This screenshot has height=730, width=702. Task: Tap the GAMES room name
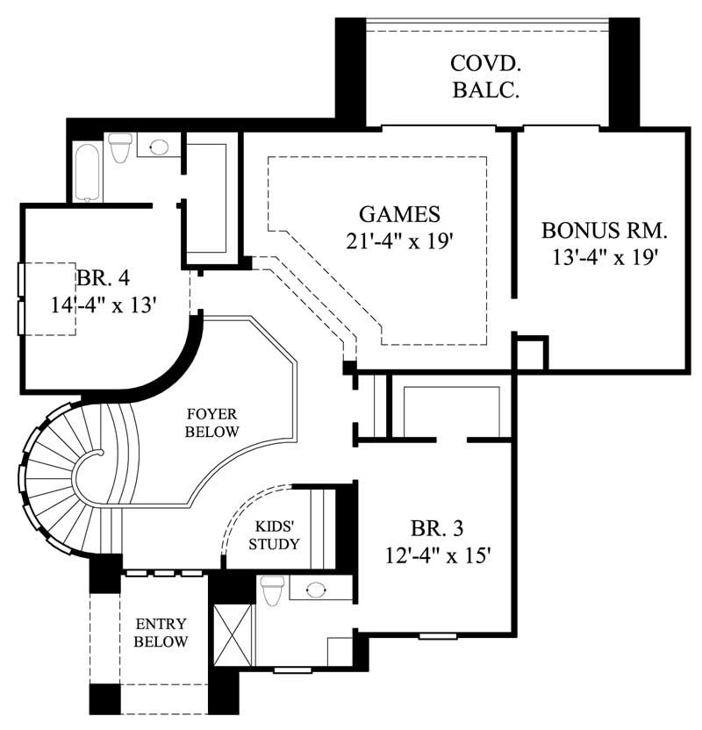(x=399, y=214)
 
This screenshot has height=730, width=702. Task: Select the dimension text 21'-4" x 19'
(x=399, y=241)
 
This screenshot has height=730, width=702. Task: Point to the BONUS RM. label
(x=605, y=231)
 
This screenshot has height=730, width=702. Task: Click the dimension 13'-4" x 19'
(x=605, y=258)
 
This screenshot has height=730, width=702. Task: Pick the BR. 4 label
(x=104, y=278)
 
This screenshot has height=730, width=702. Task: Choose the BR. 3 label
(x=436, y=529)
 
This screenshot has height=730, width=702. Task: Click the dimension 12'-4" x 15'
(x=436, y=555)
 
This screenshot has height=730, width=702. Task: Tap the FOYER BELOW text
(x=213, y=421)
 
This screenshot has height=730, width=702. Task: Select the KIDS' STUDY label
(x=277, y=535)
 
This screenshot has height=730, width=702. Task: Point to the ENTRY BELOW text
(x=161, y=633)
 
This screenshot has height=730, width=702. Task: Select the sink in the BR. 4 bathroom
(x=159, y=147)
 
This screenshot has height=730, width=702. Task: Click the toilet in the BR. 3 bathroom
(x=271, y=590)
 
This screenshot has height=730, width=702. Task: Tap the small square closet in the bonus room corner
(x=530, y=353)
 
